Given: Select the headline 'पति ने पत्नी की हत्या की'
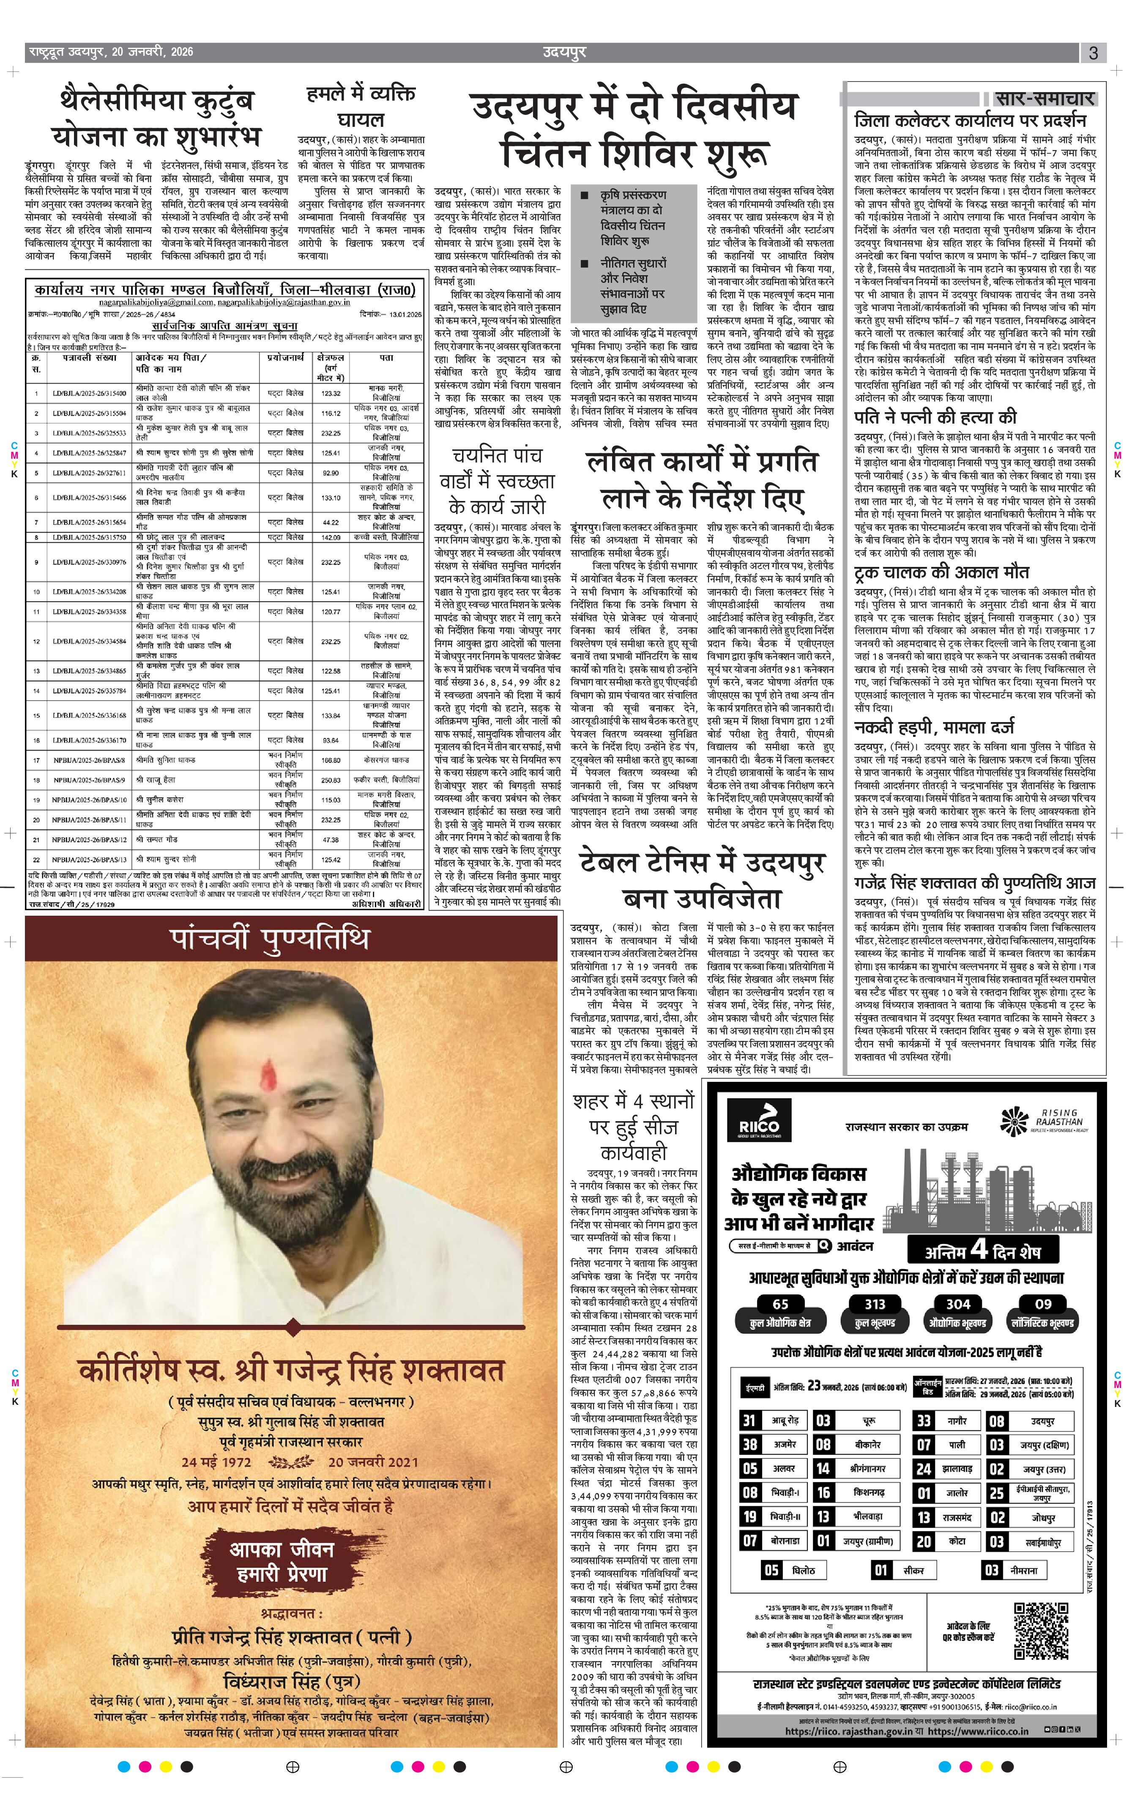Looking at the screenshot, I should click(935, 417).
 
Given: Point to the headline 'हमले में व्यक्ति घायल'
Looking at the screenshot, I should click(361, 107).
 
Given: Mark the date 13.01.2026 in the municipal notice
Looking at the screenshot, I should click(401, 315).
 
